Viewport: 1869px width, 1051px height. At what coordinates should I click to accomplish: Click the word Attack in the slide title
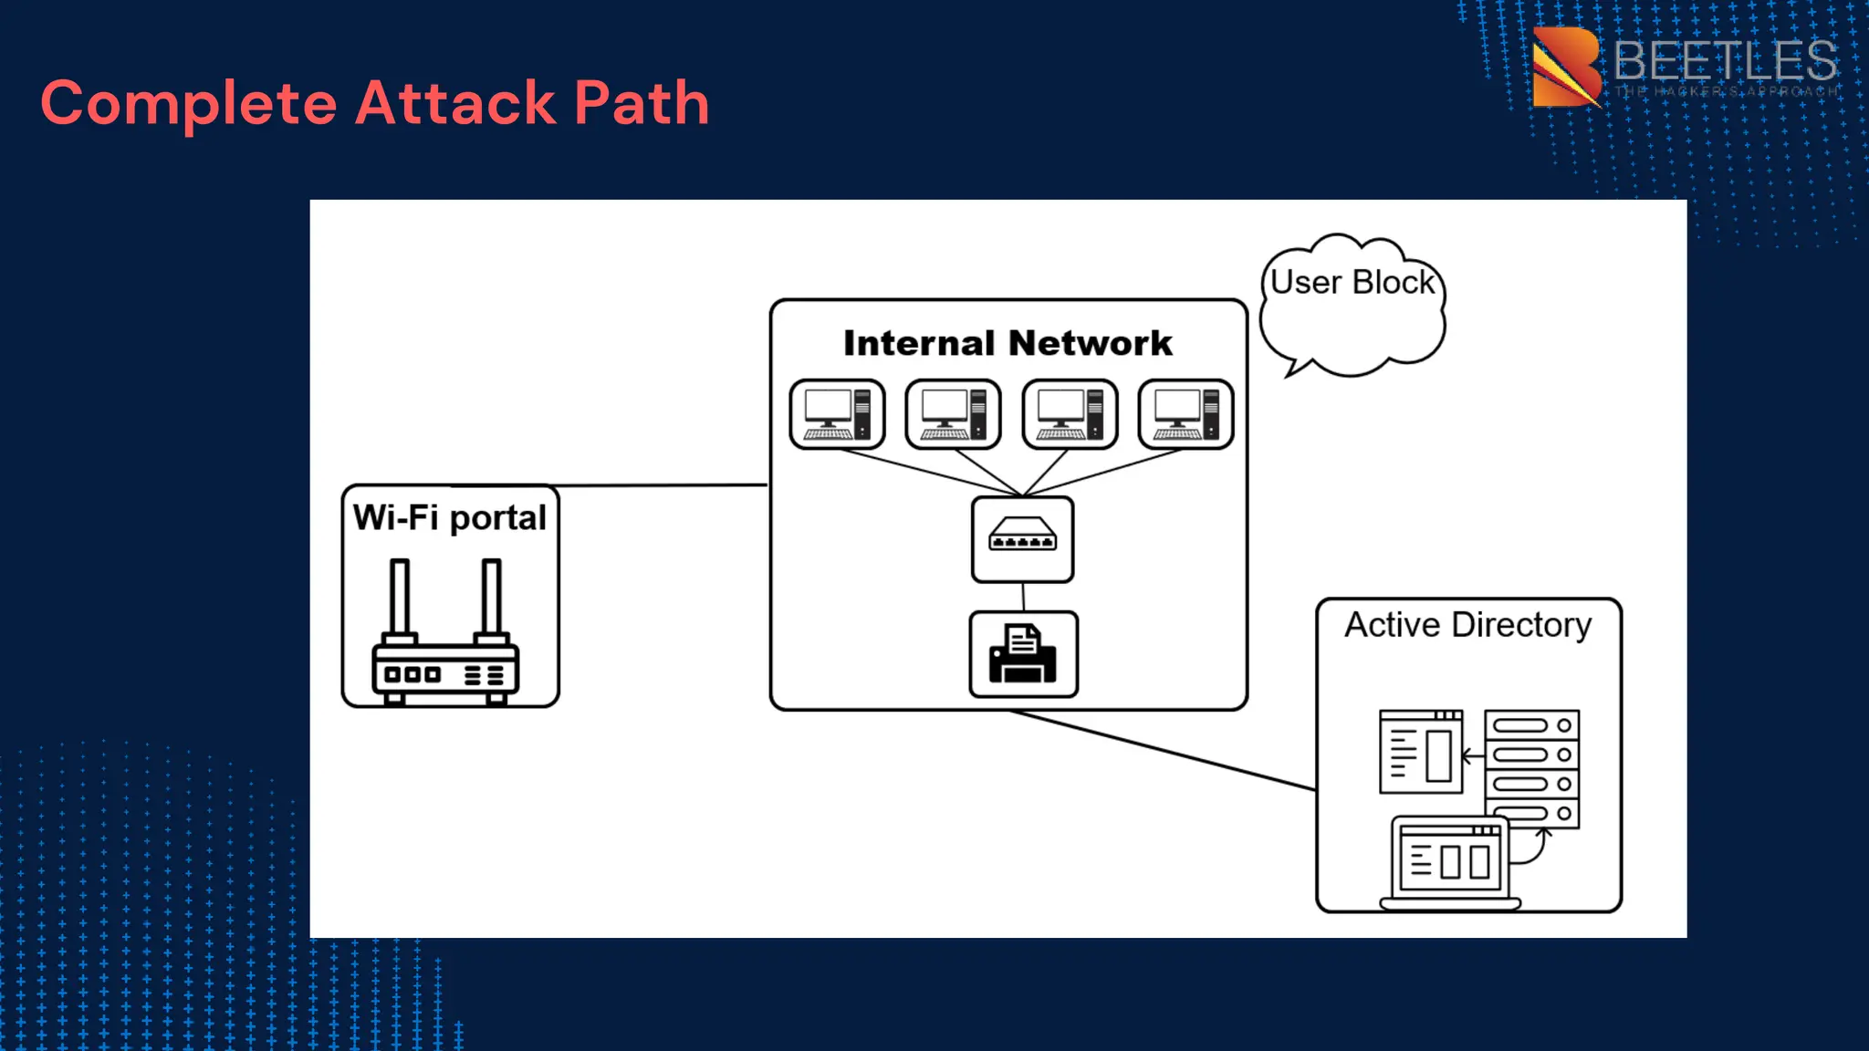point(454,102)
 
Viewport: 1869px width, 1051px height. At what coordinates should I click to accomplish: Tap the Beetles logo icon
point(1566,67)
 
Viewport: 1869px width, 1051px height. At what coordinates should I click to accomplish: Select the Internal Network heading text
point(1008,343)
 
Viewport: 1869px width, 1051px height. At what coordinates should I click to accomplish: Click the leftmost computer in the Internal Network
point(837,414)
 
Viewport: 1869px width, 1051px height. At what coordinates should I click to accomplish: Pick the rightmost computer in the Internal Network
point(1185,414)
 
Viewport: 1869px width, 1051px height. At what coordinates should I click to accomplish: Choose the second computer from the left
point(953,414)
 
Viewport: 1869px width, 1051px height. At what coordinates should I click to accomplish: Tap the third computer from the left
point(1070,414)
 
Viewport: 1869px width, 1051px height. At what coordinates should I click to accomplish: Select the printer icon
point(1023,654)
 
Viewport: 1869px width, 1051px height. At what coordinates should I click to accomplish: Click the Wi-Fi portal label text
point(449,517)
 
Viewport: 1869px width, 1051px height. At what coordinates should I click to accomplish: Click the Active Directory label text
point(1467,625)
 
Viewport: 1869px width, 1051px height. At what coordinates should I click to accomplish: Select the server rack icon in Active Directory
point(1531,766)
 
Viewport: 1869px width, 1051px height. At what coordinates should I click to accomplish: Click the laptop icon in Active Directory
point(1450,863)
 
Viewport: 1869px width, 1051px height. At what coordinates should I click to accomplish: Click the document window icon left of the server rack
point(1420,752)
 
